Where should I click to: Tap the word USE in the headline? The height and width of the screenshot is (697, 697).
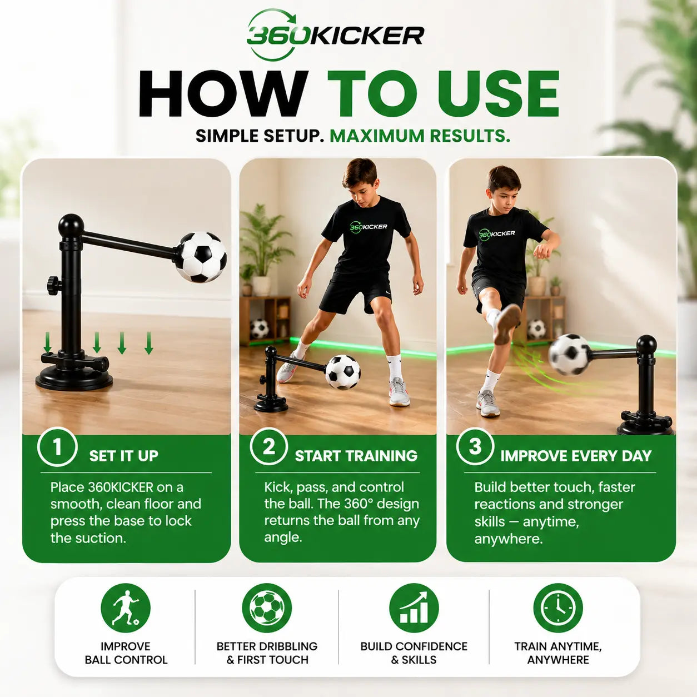499,93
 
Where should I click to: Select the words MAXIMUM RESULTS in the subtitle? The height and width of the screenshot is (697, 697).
420,136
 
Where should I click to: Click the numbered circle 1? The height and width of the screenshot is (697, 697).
57,447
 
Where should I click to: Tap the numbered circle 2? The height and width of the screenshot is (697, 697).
269,447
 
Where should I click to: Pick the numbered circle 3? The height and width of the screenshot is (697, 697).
475,446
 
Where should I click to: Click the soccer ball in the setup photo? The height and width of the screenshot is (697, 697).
201,257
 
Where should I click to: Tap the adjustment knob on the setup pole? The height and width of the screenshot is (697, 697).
53,285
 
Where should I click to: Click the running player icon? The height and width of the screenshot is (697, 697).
126,608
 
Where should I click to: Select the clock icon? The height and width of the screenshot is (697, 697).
558,608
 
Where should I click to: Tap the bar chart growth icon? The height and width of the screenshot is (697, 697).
414,608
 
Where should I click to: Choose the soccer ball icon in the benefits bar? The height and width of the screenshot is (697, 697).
267,608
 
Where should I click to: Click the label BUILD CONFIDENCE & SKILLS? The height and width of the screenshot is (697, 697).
414,653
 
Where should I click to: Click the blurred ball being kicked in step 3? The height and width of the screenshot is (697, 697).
569,355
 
